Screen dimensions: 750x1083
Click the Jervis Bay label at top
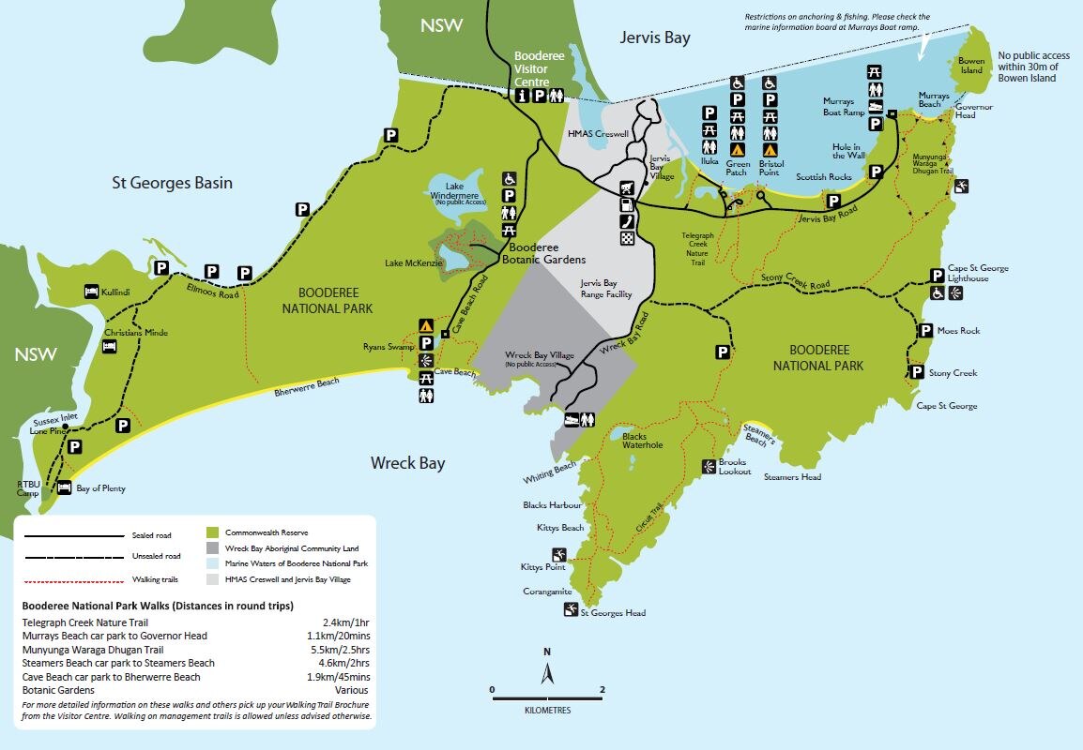tap(654, 37)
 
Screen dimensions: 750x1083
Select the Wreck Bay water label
tap(407, 463)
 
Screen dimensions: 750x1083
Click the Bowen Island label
tap(971, 66)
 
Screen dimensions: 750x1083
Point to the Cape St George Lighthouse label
tap(978, 274)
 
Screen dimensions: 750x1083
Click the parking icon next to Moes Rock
tap(926, 331)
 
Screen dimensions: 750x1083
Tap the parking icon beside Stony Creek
tap(916, 372)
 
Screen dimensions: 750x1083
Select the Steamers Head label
tap(792, 477)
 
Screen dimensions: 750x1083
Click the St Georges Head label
tap(613, 613)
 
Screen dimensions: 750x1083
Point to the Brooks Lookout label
tap(735, 467)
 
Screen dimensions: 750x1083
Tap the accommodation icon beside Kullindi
tap(92, 292)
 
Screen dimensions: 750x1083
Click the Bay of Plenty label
tap(100, 488)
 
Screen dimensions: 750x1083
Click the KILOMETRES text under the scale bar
tap(547, 711)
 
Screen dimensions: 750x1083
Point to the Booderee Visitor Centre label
tap(538, 68)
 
